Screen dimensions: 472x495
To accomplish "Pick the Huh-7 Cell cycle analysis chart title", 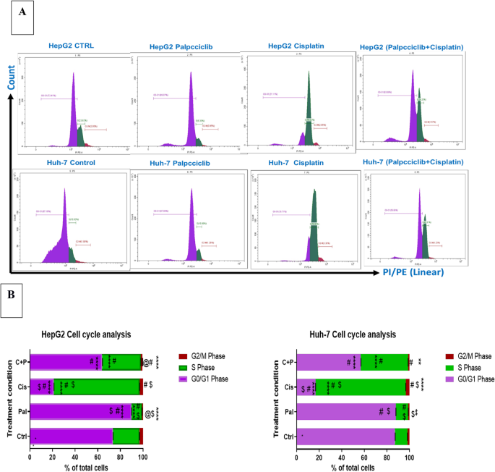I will [x=353, y=334].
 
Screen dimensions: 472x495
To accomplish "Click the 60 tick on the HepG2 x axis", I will [x=98, y=457].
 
